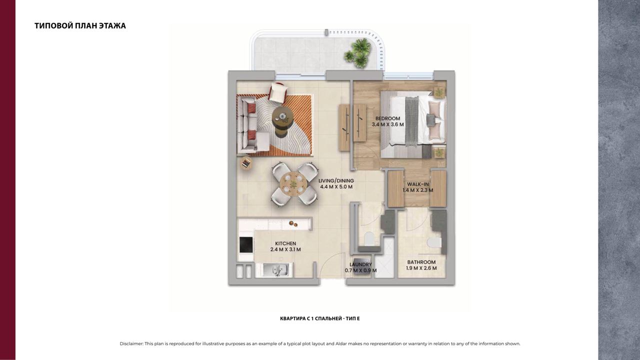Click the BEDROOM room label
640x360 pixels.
pos(387,118)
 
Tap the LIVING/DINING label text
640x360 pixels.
pos(336,180)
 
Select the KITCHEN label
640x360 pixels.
pos(285,243)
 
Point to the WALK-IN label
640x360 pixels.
pos(417,184)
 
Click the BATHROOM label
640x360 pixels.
pos(421,262)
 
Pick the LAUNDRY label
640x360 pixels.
pos(360,264)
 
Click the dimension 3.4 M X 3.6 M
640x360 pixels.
pos(387,124)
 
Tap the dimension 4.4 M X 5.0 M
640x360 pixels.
pos(336,187)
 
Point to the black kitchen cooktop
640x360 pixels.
pos(246,245)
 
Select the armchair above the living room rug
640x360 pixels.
pos(277,92)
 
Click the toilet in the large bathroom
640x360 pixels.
pos(434,243)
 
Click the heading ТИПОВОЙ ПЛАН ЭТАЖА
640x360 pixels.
pos(80,25)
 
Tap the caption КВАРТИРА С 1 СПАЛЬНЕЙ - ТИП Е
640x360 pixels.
pos(319,318)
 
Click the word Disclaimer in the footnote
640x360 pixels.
pos(131,343)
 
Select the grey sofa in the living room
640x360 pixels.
pos(248,124)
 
